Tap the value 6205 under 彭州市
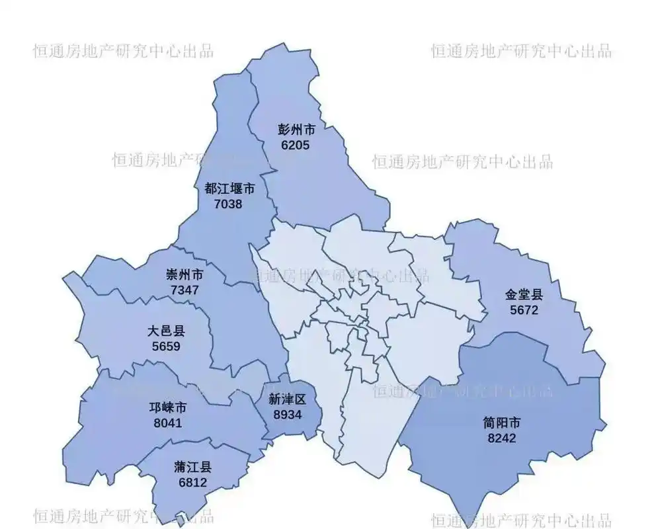[295, 145]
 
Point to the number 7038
[229, 204]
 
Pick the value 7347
[184, 290]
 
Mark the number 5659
[166, 346]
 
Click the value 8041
[168, 423]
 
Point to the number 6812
[193, 483]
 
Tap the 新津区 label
[288, 399]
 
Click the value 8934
[288, 414]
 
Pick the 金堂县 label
[524, 295]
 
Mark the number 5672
[524, 309]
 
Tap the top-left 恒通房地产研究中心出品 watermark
[124, 51]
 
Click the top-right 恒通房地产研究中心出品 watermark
[521, 51]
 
